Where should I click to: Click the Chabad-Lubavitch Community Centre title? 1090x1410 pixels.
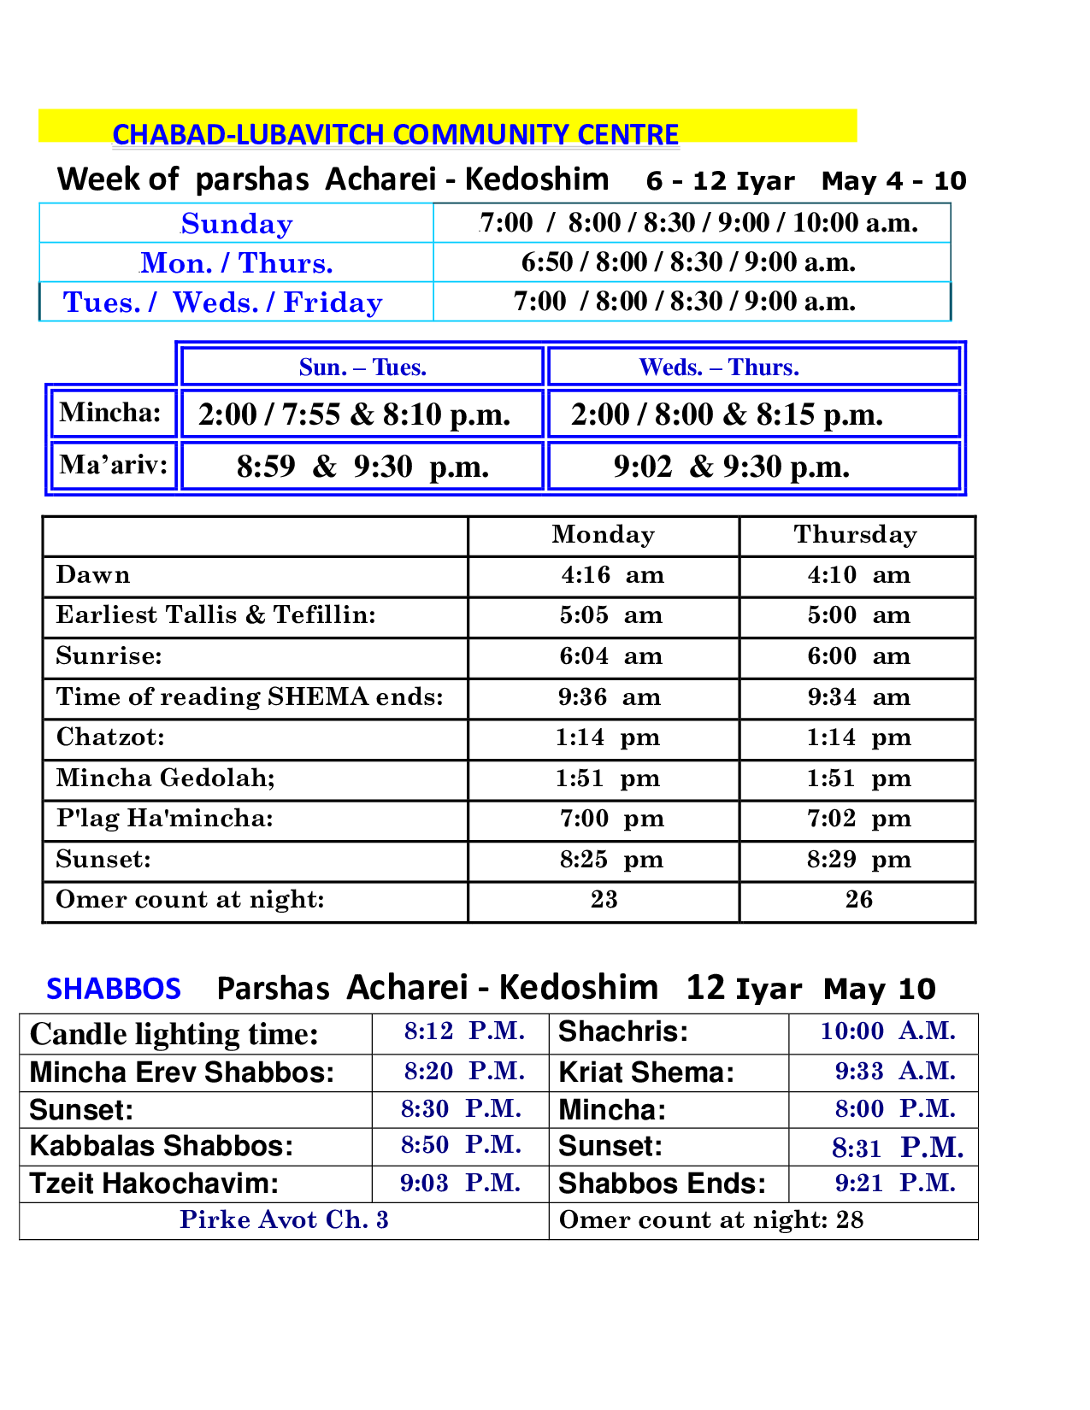(395, 134)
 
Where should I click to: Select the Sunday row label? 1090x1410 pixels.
(237, 224)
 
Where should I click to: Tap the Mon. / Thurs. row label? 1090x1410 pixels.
(237, 263)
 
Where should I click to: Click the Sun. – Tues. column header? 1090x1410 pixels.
(362, 367)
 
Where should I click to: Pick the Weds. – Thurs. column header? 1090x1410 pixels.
(719, 367)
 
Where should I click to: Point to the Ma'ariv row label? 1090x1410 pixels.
(113, 465)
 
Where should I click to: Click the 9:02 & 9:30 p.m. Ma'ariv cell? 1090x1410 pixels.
(732, 467)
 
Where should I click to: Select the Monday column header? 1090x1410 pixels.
(603, 534)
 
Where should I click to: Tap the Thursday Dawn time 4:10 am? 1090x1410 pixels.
(859, 575)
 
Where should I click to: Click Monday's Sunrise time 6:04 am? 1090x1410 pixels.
(611, 656)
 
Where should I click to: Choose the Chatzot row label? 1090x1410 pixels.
(110, 737)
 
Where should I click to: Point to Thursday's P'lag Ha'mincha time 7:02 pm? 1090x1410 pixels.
(859, 819)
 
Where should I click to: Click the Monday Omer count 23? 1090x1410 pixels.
(604, 899)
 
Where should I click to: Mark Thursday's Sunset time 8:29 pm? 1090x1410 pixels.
(859, 859)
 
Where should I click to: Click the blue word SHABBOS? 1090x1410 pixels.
(114, 989)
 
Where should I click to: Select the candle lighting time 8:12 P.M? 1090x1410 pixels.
(464, 1031)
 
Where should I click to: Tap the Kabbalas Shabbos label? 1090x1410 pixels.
(161, 1146)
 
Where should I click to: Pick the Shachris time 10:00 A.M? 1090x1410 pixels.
(887, 1031)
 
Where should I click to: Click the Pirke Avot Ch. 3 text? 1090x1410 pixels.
(284, 1219)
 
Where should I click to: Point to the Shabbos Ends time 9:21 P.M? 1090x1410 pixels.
(895, 1183)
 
